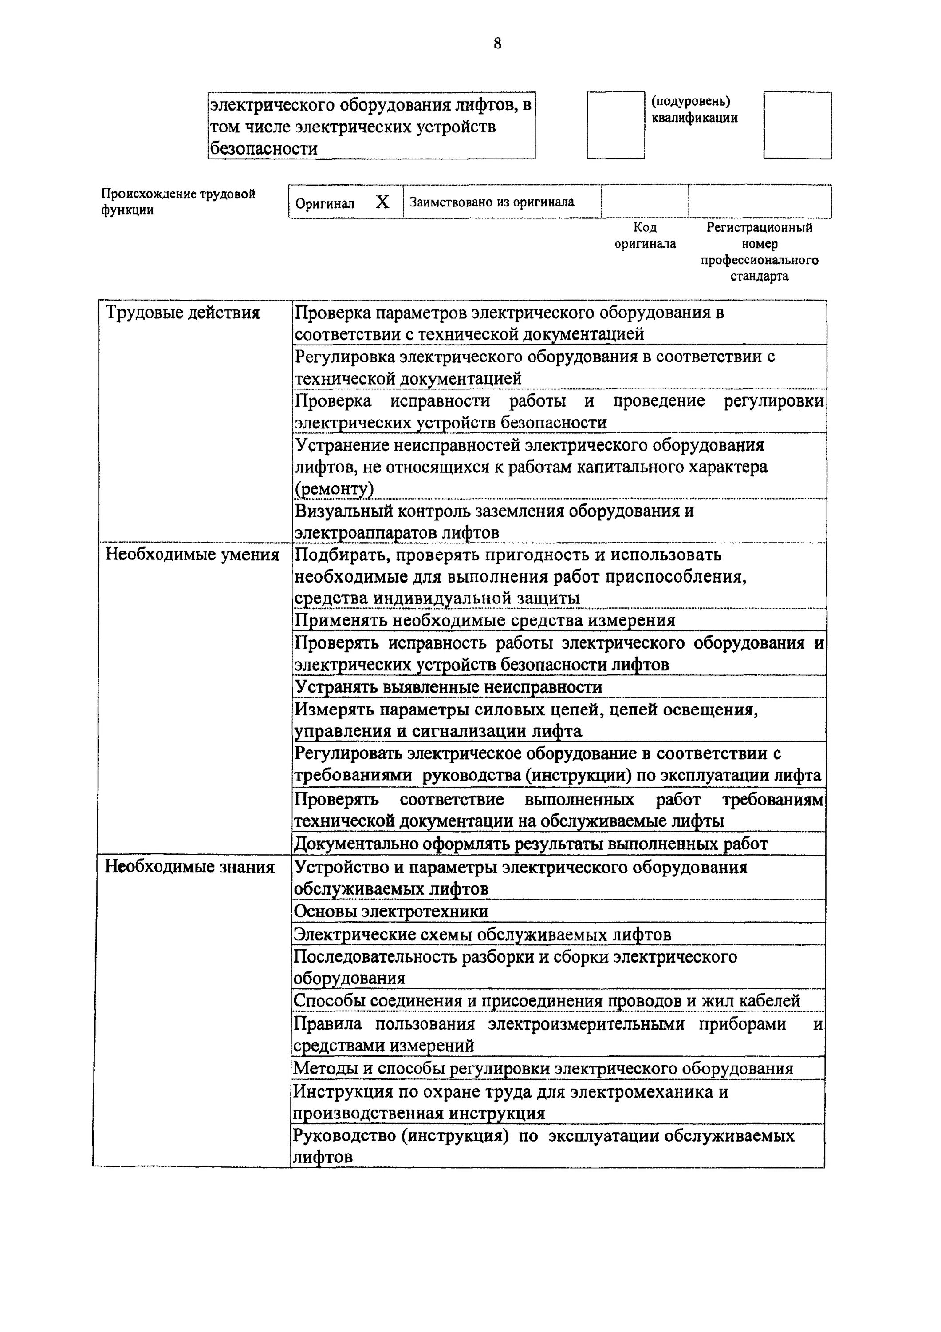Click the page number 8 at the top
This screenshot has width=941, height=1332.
point(497,44)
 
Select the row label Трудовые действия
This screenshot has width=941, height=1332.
point(183,313)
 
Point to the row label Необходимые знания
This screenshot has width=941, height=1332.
point(189,867)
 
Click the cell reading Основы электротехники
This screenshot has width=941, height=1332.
point(391,912)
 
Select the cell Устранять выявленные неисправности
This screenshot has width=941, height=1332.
point(448,687)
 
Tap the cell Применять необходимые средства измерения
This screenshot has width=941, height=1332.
point(485,620)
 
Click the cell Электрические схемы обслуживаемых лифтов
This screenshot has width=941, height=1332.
point(482,935)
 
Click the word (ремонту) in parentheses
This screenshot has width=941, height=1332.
point(334,489)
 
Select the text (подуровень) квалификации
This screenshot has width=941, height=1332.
point(693,109)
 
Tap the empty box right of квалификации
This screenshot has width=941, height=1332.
point(797,125)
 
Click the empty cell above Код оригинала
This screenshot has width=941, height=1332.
point(645,201)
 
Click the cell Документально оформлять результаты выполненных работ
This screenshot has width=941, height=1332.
point(531,844)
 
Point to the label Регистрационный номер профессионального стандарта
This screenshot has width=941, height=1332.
point(759,251)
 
